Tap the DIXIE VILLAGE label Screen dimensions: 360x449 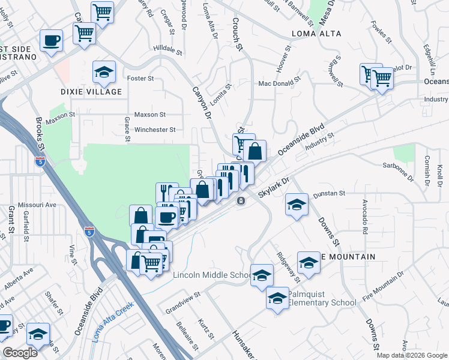click(x=91, y=92)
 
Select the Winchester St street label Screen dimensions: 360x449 click(x=154, y=129)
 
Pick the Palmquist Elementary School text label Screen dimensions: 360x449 click(x=322, y=298)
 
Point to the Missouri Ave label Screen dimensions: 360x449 click(x=37, y=205)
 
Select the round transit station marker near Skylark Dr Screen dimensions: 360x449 click(x=241, y=200)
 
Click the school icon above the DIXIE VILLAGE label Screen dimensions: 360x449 click(x=104, y=72)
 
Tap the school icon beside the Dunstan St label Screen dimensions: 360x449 click(x=296, y=204)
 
